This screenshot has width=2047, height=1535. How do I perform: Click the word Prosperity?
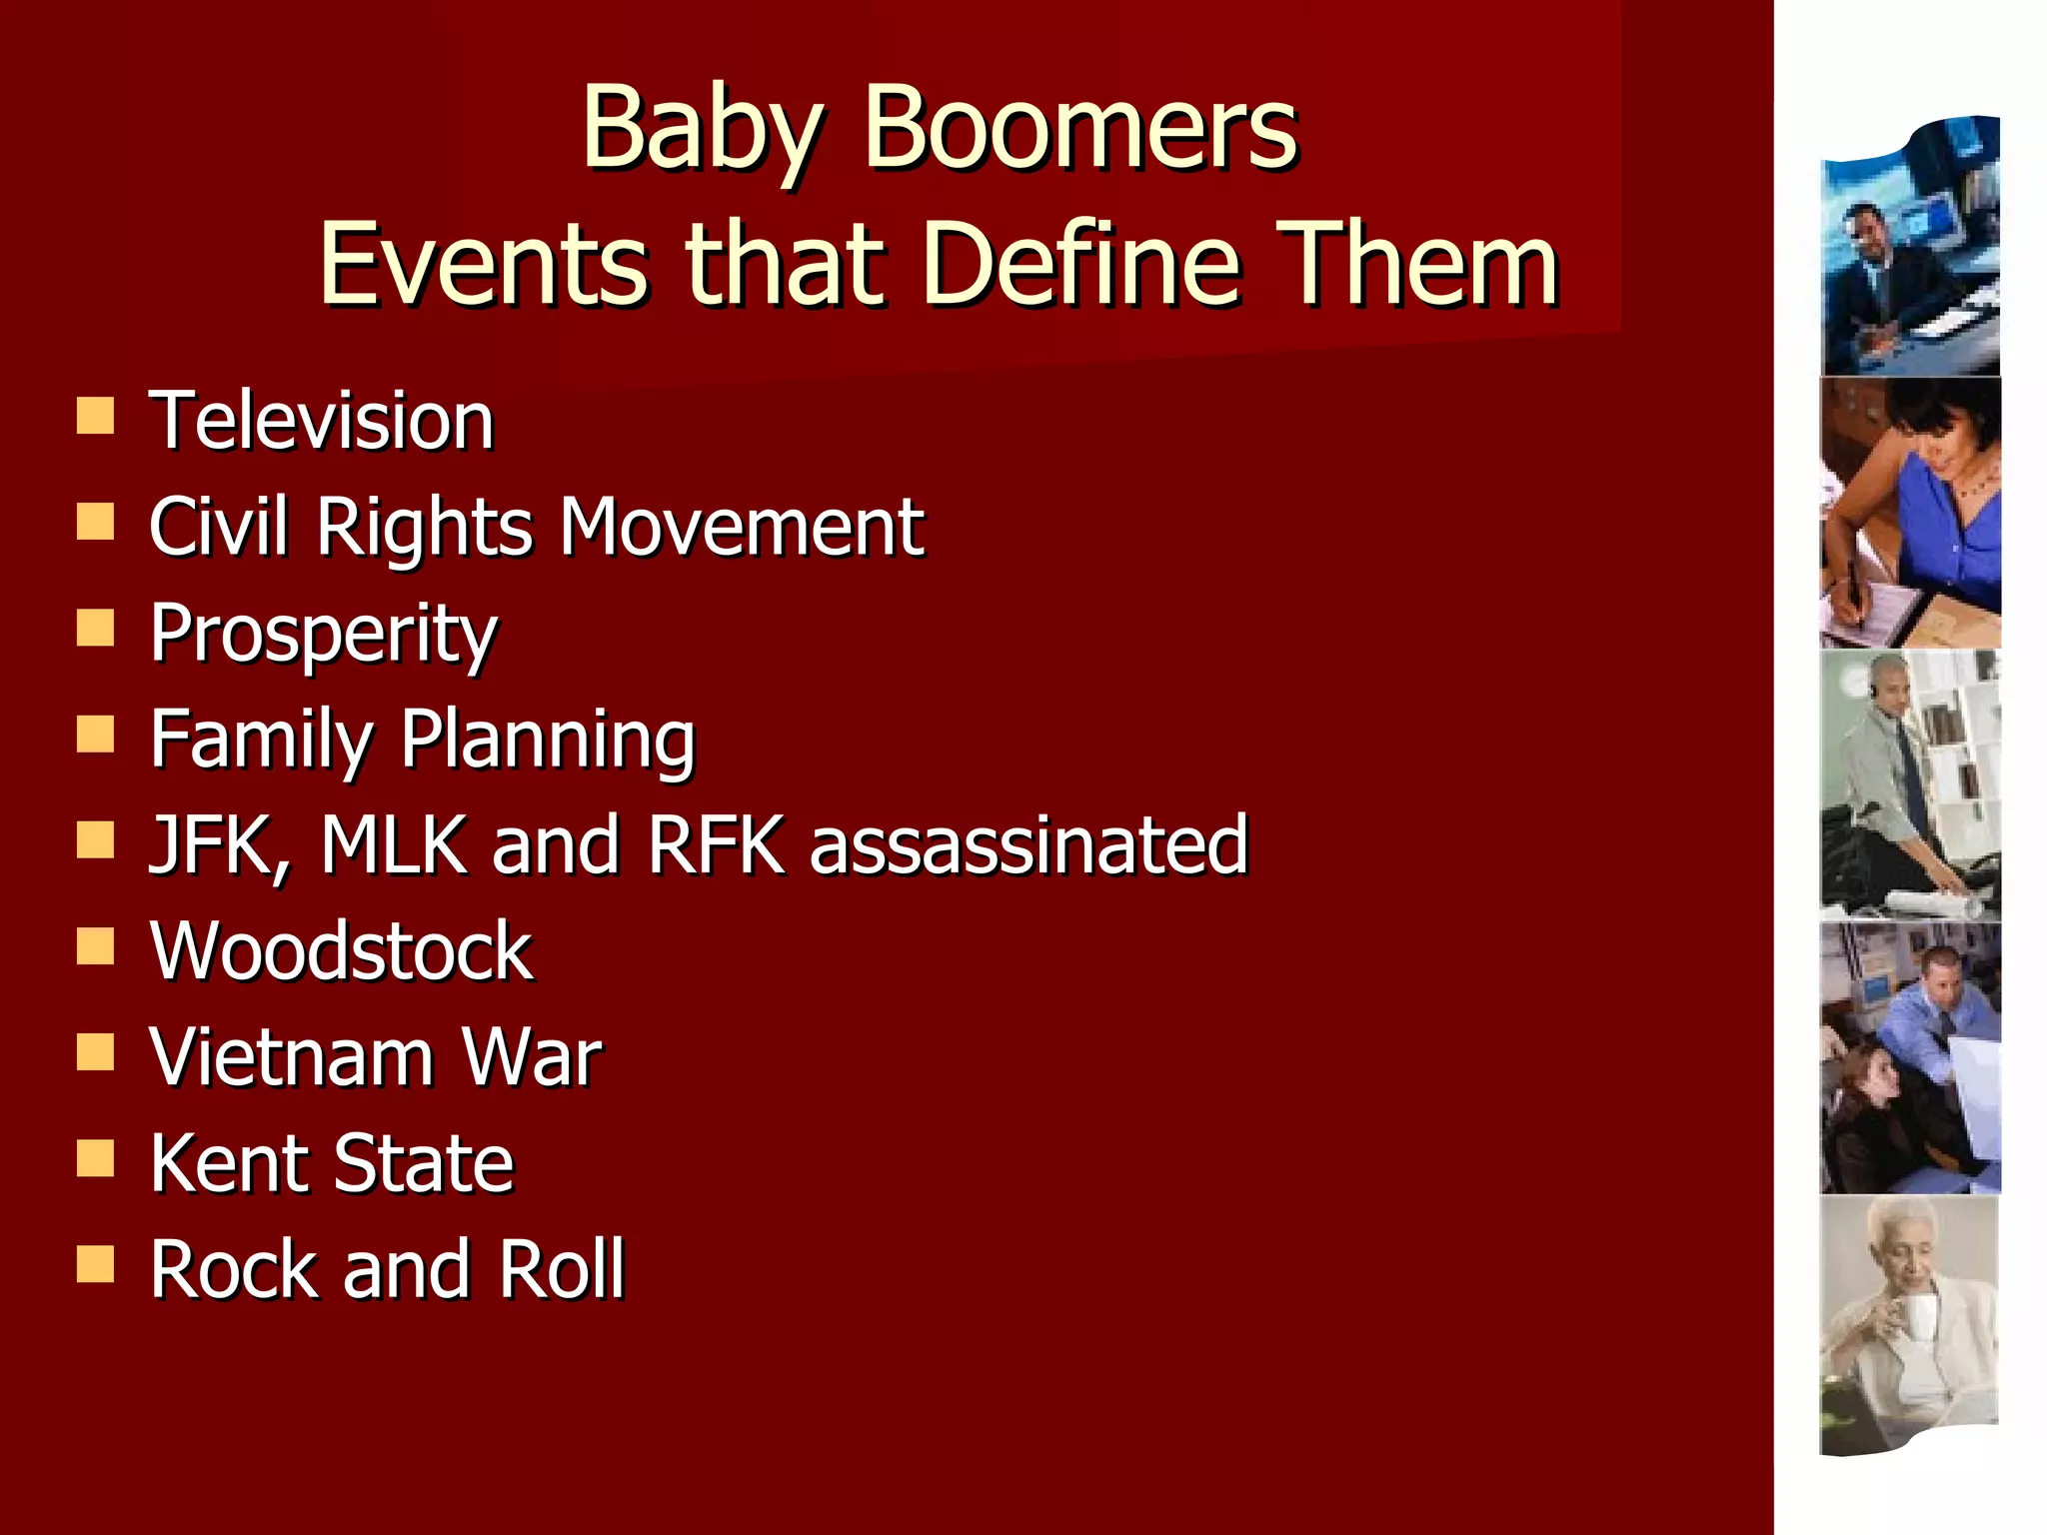324,635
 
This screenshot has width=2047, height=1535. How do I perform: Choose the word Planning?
548,741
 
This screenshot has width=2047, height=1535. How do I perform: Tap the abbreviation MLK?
395,845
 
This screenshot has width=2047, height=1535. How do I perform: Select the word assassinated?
1029,845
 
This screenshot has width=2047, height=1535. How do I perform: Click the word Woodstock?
342,951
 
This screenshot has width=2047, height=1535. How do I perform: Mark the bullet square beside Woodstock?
95,945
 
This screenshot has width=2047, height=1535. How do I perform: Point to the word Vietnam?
291,1057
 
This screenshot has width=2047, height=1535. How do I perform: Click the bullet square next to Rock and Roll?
95,1264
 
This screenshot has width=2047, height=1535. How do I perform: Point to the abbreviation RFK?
716,845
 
